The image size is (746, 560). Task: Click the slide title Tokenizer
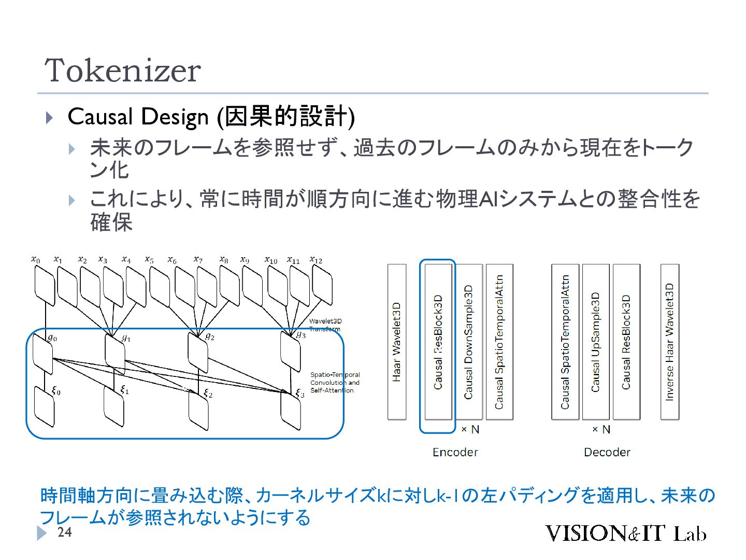[123, 71]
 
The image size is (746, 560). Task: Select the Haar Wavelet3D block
[397, 342]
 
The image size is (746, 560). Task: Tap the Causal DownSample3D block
[469, 342]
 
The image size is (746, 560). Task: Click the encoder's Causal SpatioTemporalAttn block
[499, 342]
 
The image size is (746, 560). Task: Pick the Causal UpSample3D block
[596, 342]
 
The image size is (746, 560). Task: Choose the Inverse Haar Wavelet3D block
[670, 342]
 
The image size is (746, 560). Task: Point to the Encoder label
[455, 452]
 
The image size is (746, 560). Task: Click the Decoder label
[607, 452]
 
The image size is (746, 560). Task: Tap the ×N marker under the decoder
[601, 429]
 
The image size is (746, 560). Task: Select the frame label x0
[35, 259]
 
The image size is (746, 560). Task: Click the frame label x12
[315, 260]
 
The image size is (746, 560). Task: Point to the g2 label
[210, 337]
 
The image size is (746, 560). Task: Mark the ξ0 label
[56, 391]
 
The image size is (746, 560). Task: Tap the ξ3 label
[299, 394]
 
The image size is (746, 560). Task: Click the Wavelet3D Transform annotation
[325, 325]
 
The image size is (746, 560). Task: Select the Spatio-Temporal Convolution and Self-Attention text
[335, 382]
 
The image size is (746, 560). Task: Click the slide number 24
[64, 533]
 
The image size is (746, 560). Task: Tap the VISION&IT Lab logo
[625, 534]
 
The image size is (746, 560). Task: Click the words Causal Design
[138, 117]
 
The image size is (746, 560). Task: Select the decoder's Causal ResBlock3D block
[626, 342]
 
